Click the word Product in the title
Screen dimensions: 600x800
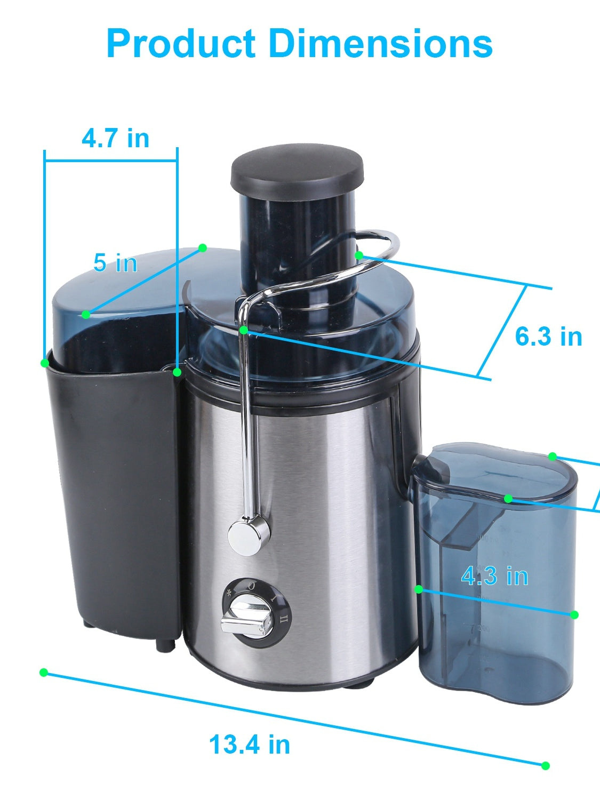click(181, 44)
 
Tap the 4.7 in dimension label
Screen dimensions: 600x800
click(116, 139)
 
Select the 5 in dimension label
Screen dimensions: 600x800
click(115, 262)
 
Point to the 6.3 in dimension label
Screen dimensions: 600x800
click(549, 336)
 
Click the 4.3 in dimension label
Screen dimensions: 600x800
click(495, 576)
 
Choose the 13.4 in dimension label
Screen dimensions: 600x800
click(250, 744)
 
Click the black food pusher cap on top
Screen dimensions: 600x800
click(297, 171)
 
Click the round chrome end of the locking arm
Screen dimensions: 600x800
click(249, 535)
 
